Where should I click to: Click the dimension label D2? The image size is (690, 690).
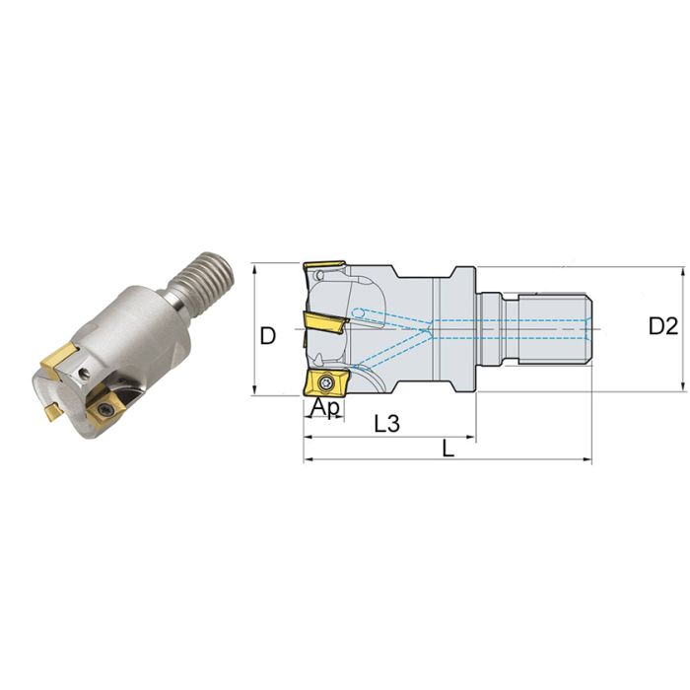[x=665, y=326]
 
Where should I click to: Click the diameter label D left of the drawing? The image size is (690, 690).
[x=267, y=335]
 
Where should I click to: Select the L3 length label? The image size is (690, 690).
[x=388, y=424]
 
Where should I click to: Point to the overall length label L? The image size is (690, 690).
[x=448, y=448]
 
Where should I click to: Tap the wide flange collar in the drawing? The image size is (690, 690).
[x=462, y=327]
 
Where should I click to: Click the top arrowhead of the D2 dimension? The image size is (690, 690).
[x=682, y=272]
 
